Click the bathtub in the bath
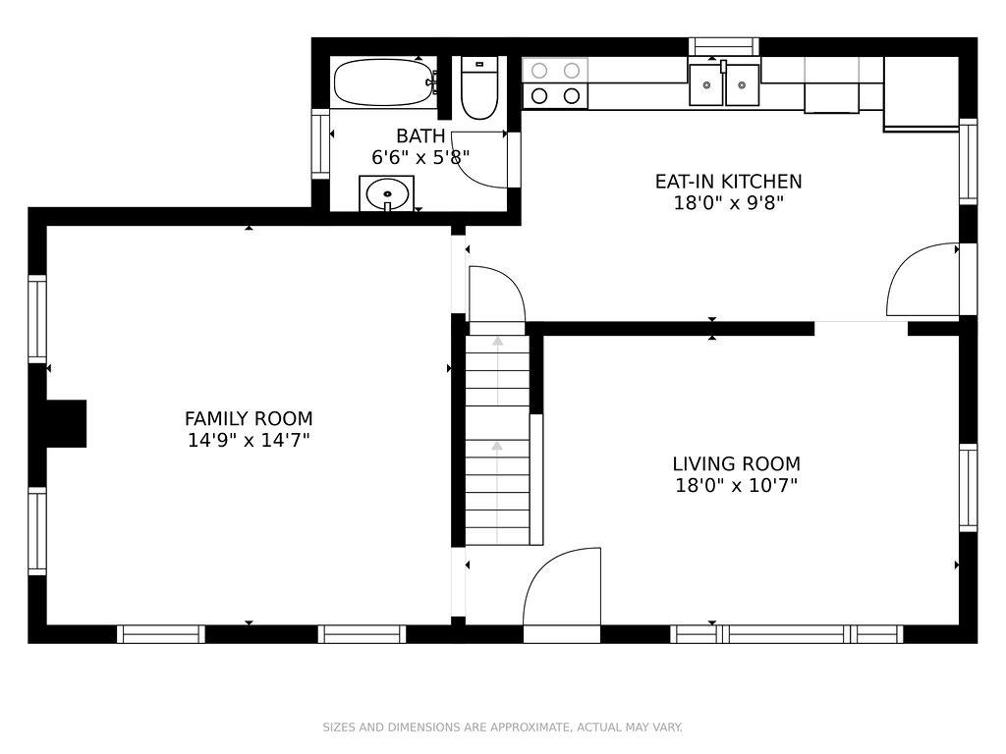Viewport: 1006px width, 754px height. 384,82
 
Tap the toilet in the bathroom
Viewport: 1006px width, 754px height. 479,88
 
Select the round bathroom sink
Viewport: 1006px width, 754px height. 386,193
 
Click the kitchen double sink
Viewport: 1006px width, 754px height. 724,84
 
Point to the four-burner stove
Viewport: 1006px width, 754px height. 555,83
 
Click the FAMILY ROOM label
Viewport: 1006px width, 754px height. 249,418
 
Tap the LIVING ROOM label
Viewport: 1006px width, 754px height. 737,463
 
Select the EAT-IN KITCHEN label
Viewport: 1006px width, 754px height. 728,182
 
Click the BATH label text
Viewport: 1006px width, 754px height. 420,135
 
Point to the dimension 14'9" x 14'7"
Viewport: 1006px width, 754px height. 249,441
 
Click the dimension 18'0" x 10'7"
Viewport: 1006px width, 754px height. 737,485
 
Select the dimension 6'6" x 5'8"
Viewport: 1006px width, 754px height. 420,157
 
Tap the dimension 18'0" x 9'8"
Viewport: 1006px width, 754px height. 728,203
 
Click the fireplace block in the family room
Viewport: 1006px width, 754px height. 67,424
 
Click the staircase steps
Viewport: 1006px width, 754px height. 497,440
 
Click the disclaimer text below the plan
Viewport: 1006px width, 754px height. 502,727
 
